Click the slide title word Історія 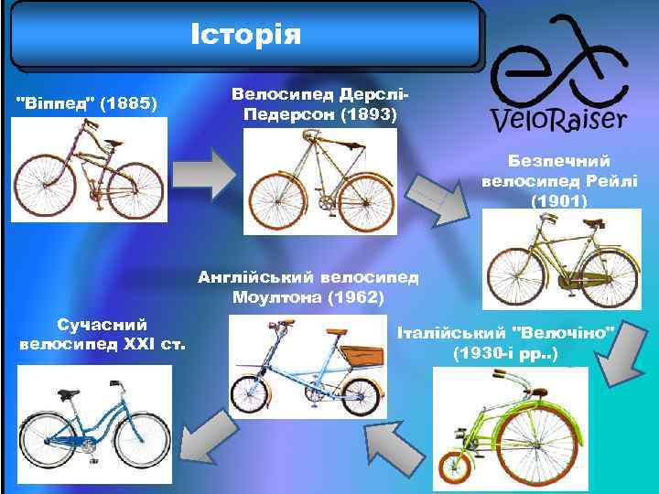click(x=244, y=34)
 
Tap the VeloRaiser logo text click(x=557, y=119)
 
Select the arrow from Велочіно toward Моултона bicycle click(x=393, y=449)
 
